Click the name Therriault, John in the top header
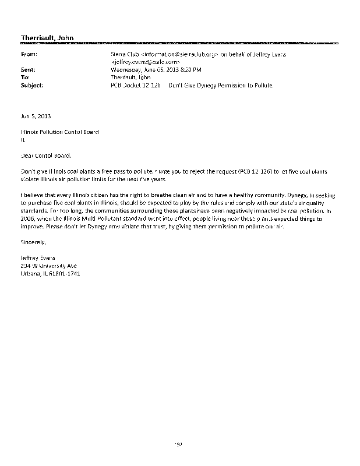pyautogui.click(x=47, y=38)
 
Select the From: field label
pyautogui.click(x=29, y=54)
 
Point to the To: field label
pyautogui.click(x=25, y=76)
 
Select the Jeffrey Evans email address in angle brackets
pyautogui.click(x=146, y=61)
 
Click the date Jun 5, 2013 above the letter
pyautogui.click(x=36, y=116)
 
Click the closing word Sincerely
pyautogui.click(x=32, y=241)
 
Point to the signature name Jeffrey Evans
pyautogui.click(x=39, y=257)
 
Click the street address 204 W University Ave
pyautogui.click(x=48, y=265)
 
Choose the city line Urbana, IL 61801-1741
pyautogui.click(x=50, y=273)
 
